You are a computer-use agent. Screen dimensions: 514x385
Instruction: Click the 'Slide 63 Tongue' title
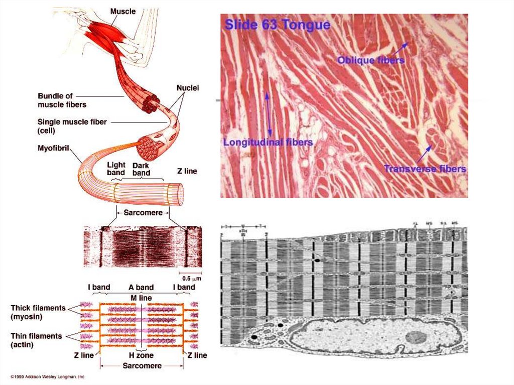(x=277, y=25)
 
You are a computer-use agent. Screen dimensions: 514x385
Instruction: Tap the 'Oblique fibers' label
(x=370, y=60)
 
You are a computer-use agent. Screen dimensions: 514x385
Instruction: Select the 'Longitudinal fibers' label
(x=268, y=143)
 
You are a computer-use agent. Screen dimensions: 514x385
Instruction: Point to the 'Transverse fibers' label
(x=425, y=169)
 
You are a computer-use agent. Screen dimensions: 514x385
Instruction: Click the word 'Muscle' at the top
(x=123, y=11)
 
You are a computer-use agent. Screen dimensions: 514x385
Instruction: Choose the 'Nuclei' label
(x=188, y=88)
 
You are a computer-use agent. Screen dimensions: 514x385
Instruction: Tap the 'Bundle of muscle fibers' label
(x=62, y=100)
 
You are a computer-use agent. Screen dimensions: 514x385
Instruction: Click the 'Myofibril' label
(x=53, y=148)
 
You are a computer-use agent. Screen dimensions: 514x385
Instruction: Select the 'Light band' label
(x=116, y=169)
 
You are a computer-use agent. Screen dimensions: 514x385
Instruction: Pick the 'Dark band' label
(x=141, y=169)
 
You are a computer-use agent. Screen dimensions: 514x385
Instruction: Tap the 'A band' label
(x=141, y=288)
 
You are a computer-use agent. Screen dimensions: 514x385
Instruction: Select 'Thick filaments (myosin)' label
(x=38, y=312)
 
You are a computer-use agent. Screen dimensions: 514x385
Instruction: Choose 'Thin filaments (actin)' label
(x=36, y=340)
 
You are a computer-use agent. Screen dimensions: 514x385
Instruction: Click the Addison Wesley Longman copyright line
(x=48, y=376)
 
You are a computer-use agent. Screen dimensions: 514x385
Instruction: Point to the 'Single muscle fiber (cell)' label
(x=72, y=125)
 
